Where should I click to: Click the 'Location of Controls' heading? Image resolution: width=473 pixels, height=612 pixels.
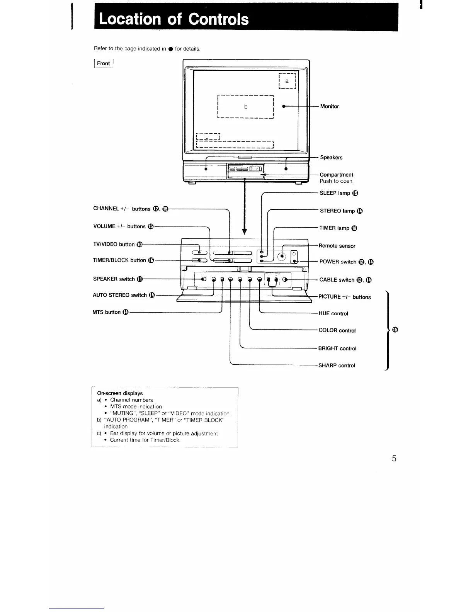click(x=174, y=19)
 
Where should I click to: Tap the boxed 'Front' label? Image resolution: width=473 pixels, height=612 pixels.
click(x=104, y=63)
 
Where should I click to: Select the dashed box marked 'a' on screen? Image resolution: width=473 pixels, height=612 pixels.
click(x=287, y=81)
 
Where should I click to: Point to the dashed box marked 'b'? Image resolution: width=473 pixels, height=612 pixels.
click(x=245, y=107)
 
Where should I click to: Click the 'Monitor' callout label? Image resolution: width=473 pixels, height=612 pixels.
click(x=329, y=107)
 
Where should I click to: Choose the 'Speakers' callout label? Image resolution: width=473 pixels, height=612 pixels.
click(x=331, y=158)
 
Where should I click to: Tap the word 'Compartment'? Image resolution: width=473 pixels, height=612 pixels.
click(x=336, y=175)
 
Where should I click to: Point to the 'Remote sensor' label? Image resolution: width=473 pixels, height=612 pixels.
click(x=337, y=246)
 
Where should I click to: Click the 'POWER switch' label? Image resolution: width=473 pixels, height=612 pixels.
click(x=338, y=262)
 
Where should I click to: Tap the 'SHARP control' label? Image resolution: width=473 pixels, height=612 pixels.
click(x=337, y=365)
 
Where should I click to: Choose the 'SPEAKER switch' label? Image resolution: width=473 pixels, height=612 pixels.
click(x=114, y=279)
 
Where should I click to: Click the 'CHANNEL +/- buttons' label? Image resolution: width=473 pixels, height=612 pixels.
click(x=122, y=209)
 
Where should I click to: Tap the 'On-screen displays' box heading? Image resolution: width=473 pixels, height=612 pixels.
click(x=120, y=393)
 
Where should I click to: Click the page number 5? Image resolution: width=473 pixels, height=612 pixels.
click(x=394, y=459)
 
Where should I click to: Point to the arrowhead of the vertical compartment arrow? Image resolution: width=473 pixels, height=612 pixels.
click(x=244, y=231)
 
